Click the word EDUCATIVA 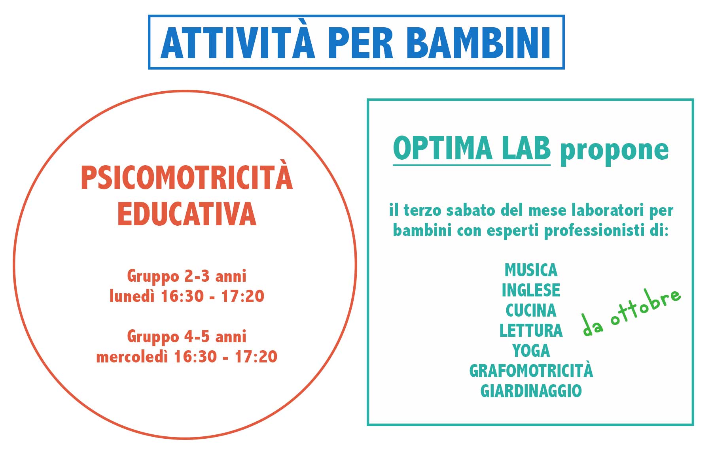point(187,214)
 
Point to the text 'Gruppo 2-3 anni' point(187,276)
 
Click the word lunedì point(132,296)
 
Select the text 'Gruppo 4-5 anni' point(187,337)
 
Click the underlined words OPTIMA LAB point(472,149)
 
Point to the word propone point(614,151)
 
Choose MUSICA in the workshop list point(531,270)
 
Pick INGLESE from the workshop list point(531,290)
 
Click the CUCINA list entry point(531,310)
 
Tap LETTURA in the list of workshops point(531,330)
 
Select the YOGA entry point(531,351)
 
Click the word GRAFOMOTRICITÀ point(531,370)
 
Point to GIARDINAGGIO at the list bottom point(531,391)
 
